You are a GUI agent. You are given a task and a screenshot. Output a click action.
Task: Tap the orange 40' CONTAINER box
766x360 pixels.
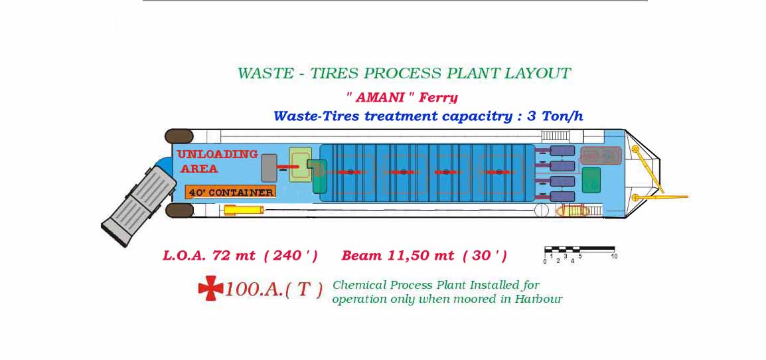pyautogui.click(x=230, y=192)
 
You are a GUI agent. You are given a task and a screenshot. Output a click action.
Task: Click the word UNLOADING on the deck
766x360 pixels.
pyautogui.click(x=218, y=154)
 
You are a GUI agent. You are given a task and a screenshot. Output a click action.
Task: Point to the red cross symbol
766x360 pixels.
pyautogui.click(x=210, y=288)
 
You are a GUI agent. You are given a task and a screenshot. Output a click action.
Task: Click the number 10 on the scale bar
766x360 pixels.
pyautogui.click(x=614, y=256)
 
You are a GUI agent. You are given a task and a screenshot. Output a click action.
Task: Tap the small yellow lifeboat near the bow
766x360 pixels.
pyautogui.click(x=574, y=211)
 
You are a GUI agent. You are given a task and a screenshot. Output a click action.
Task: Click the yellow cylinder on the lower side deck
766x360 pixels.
pyautogui.click(x=244, y=211)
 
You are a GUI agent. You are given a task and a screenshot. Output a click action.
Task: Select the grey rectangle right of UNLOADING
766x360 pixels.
pyautogui.click(x=269, y=168)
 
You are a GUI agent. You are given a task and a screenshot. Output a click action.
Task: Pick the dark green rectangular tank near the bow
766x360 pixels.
pyautogui.click(x=591, y=179)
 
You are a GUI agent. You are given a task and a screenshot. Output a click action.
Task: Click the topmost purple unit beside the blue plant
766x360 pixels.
pyautogui.click(x=562, y=151)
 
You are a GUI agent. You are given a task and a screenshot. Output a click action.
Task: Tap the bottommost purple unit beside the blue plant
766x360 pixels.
pyautogui.click(x=562, y=197)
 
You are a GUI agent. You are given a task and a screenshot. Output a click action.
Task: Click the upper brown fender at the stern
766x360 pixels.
pyautogui.click(x=179, y=136)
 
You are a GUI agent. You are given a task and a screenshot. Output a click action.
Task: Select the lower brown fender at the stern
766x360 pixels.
pyautogui.click(x=179, y=211)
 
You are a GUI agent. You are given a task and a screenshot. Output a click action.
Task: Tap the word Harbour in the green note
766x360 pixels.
pyautogui.click(x=538, y=299)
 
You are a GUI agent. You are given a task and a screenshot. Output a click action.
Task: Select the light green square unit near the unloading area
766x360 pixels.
pyautogui.click(x=301, y=165)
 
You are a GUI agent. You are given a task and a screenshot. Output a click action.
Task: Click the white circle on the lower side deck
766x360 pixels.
pyautogui.click(x=541, y=211)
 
